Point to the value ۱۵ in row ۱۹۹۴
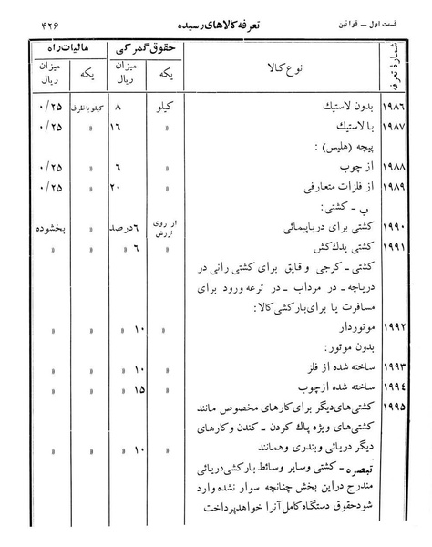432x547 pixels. click(138, 389)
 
